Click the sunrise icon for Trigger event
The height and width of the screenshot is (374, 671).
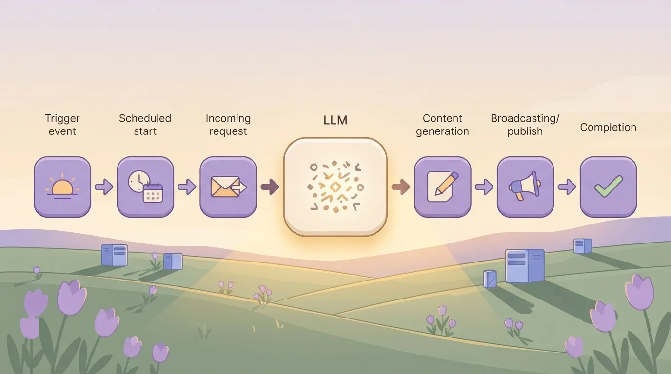coord(62,187)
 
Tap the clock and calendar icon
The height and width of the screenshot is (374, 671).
coord(145,187)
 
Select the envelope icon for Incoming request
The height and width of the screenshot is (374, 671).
coord(228,187)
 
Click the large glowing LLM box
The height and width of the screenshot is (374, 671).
coord(335,187)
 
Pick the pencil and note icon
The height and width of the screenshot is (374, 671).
coord(442,187)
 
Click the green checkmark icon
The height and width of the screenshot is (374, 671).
coord(609,187)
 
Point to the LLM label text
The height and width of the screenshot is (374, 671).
coord(335,120)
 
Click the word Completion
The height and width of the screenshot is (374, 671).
coord(608,128)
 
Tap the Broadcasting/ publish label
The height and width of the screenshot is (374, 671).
coord(525,125)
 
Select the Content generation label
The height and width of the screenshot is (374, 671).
coord(442,125)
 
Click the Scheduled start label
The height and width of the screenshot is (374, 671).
coord(145,125)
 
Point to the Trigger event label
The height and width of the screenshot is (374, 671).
coord(62,125)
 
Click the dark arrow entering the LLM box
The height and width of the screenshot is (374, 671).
coord(270,187)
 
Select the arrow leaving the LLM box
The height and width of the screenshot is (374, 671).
coord(401,187)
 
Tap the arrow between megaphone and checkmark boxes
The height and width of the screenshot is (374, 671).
coord(567,187)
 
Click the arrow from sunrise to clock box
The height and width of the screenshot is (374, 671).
coord(104,187)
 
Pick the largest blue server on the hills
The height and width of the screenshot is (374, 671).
coord(525,266)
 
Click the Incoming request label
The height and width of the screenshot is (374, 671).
coord(228,125)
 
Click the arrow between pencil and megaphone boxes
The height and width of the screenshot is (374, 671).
coord(484,187)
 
